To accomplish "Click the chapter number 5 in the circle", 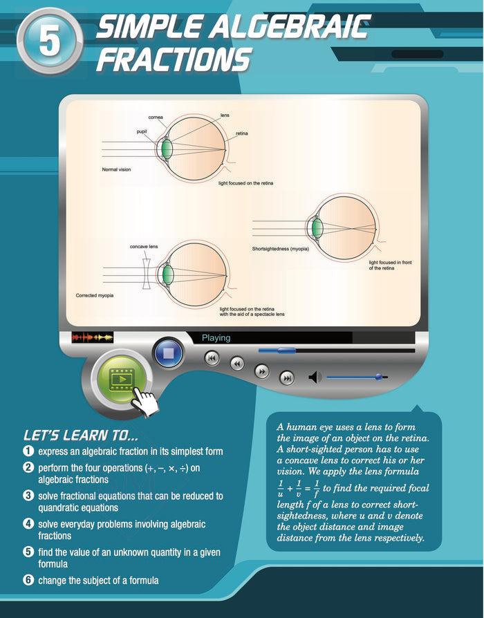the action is click(x=50, y=41).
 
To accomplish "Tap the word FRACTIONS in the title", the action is click(x=174, y=59).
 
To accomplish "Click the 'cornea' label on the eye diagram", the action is click(x=156, y=117).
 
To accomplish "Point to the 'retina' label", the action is click(x=241, y=133).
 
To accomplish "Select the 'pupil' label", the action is click(x=142, y=131).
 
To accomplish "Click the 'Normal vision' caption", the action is click(x=116, y=169).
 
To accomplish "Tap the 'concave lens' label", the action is click(x=144, y=247).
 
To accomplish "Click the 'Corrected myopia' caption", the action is click(x=95, y=295).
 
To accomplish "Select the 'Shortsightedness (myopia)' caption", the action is click(x=281, y=249).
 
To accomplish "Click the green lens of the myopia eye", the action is click(x=317, y=228).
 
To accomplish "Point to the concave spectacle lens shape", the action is click(x=146, y=274).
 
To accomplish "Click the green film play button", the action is click(x=122, y=379).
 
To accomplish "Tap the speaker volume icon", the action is click(x=315, y=377).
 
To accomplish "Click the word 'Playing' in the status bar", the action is click(x=216, y=338).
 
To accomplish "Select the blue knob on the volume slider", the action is click(x=379, y=377).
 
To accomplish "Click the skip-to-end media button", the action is click(x=286, y=378).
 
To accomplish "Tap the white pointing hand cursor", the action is click(x=145, y=402).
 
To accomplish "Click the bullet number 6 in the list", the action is click(x=28, y=580).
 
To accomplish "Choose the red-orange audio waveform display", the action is click(x=93, y=337).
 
